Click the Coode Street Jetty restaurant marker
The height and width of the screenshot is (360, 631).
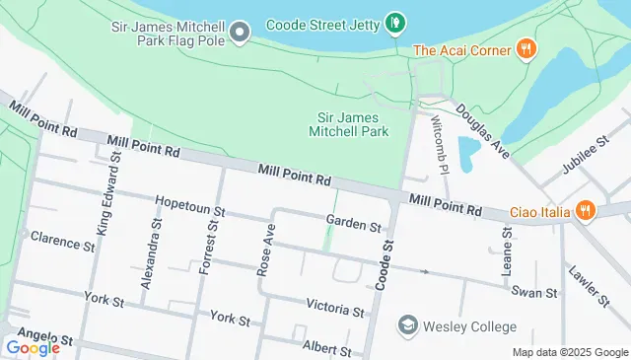394,21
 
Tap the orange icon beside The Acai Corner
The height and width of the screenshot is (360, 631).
527,49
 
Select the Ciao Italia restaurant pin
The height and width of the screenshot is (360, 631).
586,209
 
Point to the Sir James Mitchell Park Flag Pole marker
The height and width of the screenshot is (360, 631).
240,35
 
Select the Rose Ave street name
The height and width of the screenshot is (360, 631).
266,247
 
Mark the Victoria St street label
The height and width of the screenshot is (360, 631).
334,309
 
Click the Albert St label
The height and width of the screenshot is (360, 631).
326,348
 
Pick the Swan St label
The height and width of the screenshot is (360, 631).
534,292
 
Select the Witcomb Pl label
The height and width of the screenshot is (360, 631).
441,144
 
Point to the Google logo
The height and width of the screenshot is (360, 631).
33,347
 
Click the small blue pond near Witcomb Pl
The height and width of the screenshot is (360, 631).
468,153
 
